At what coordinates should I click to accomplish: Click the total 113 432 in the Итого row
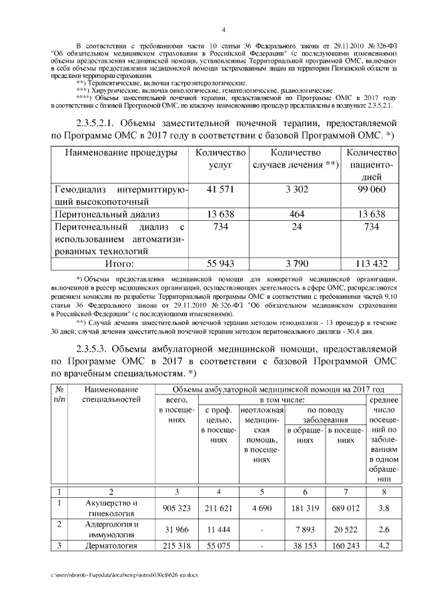tap(372, 264)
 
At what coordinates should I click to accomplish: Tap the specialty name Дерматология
tap(111, 545)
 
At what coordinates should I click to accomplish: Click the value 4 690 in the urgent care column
tap(262, 508)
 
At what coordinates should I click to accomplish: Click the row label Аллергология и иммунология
tap(111, 529)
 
